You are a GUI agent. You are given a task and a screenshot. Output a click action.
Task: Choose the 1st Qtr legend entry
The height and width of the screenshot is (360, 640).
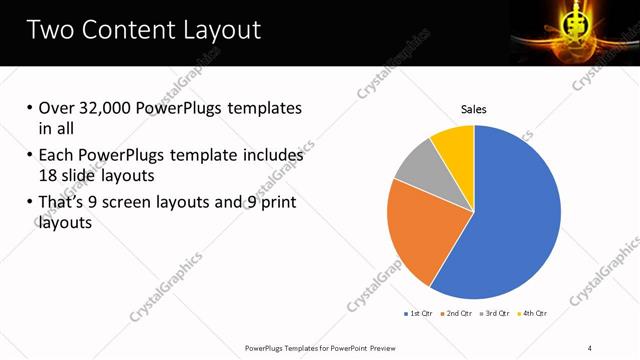pos(418,313)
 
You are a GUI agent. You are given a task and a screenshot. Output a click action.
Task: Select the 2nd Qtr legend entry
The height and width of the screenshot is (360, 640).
pos(457,313)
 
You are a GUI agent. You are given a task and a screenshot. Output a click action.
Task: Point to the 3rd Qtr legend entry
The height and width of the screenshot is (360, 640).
pos(496,313)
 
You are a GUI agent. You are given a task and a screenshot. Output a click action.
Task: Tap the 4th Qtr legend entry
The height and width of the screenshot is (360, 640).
pos(533,313)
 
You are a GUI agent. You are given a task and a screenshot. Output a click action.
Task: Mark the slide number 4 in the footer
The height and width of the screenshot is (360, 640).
pos(590,347)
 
